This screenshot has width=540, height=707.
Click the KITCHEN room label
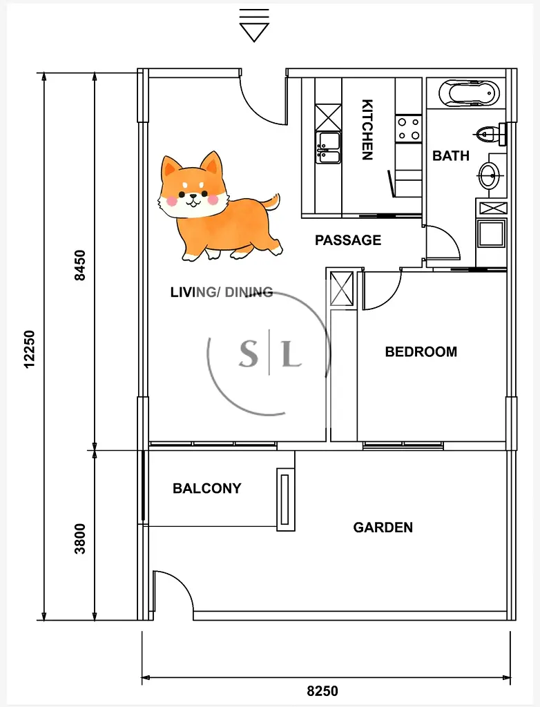[367, 129]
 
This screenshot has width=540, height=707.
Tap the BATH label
[451, 155]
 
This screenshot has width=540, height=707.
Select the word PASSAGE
[348, 240]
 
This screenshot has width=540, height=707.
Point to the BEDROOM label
[421, 351]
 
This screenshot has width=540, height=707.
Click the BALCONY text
[207, 488]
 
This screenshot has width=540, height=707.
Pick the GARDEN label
[383, 527]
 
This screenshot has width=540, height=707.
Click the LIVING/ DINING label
[222, 292]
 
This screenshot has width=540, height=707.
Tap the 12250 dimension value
[29, 349]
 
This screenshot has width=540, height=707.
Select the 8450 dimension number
[79, 266]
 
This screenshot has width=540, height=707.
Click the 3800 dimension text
[80, 539]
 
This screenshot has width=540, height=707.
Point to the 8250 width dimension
[322, 690]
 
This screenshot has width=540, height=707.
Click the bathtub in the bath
[469, 93]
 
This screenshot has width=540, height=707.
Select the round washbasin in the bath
[490, 175]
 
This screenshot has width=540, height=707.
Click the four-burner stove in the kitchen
[408, 128]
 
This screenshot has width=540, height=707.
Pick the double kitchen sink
[328, 148]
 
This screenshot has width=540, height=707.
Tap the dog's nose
[193, 196]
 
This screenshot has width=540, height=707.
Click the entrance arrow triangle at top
[254, 32]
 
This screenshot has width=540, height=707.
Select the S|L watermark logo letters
[270, 353]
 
